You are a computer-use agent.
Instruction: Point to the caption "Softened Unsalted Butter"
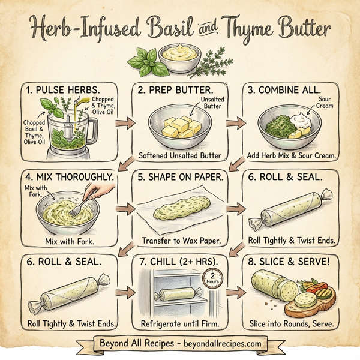(181, 156)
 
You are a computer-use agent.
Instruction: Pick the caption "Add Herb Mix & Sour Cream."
(291, 156)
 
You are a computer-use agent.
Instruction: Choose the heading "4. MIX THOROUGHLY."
(70, 177)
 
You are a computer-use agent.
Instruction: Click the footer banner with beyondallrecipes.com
(180, 344)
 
